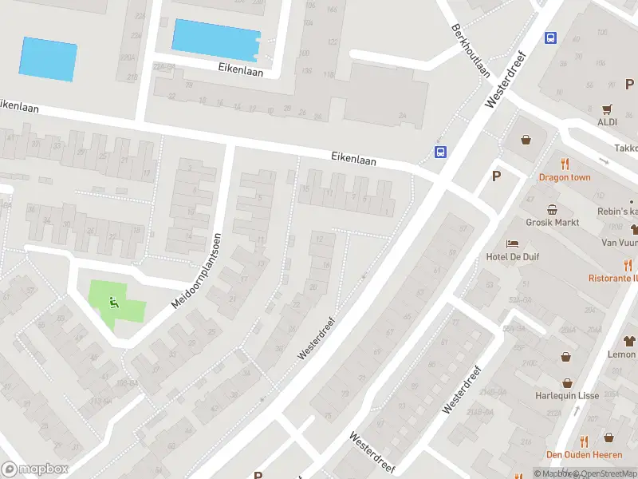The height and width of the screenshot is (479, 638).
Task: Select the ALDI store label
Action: pyautogui.click(x=608, y=121)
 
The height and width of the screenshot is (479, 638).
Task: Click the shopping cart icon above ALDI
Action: pyautogui.click(x=608, y=109)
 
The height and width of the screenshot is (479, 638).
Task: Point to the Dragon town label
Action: pyautogui.click(x=565, y=177)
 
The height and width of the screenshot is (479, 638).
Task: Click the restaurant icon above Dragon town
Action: pyautogui.click(x=565, y=164)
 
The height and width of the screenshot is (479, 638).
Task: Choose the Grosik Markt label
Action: pyautogui.click(x=552, y=223)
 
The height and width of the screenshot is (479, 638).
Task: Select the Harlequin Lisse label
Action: pyautogui.click(x=567, y=396)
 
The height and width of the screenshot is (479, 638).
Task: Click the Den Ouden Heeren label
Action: pyautogui.click(x=583, y=454)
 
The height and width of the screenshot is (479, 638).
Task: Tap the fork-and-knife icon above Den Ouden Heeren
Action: pyautogui.click(x=584, y=440)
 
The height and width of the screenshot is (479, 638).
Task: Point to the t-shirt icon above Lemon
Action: pyautogui.click(x=628, y=340)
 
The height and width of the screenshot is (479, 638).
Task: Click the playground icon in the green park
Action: pyautogui.click(x=114, y=302)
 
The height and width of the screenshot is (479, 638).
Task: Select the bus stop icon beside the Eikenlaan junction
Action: pyautogui.click(x=439, y=152)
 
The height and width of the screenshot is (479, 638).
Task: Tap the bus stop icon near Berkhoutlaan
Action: pyautogui.click(x=550, y=38)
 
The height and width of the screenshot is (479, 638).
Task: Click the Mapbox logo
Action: pyautogui.click(x=35, y=469)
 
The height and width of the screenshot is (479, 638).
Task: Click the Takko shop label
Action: pyautogui.click(x=626, y=148)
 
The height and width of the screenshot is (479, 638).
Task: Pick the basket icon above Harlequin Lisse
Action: pyautogui.click(x=567, y=382)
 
